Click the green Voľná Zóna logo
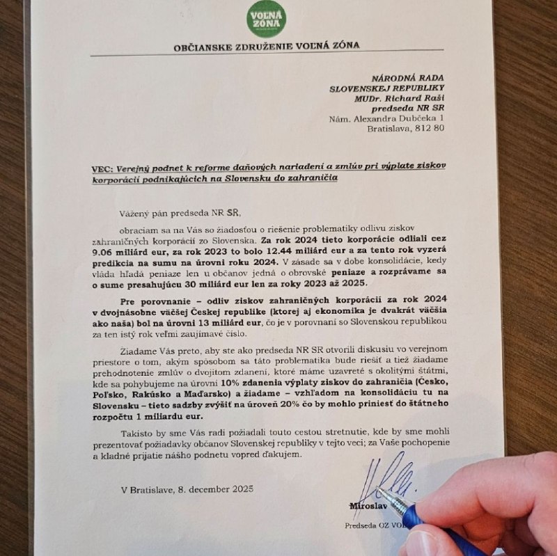(x=265, y=18)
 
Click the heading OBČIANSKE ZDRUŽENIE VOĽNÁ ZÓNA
(x=267, y=47)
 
